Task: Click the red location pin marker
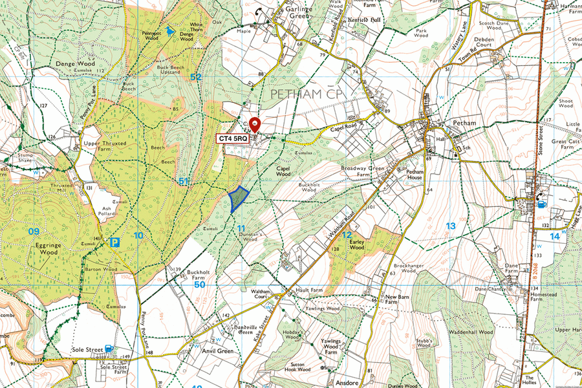point(255,125)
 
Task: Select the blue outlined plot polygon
point(239,198)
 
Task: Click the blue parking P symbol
point(114,243)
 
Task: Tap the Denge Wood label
point(76,64)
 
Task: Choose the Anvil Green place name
point(217,351)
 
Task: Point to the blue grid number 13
point(451,226)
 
